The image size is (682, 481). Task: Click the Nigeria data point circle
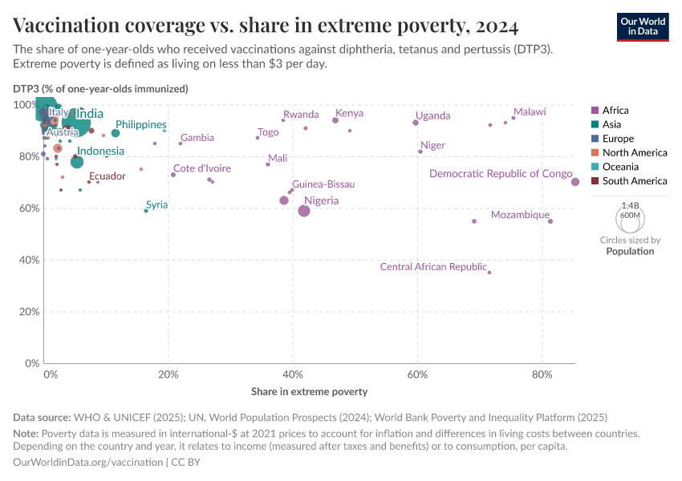304,211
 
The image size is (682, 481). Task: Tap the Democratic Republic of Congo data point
575,182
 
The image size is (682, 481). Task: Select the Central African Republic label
433,267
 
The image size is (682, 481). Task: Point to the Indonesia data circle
77,162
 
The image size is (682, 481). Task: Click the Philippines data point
116,133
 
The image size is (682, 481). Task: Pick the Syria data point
145,211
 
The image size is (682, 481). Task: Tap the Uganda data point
416,123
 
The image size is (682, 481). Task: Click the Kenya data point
335,120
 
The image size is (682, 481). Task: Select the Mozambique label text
520,215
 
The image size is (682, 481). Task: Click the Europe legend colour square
595,139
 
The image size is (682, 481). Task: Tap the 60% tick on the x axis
417,374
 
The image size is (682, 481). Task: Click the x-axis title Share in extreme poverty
309,392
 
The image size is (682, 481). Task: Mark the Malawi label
530,112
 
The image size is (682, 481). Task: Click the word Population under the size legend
630,251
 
